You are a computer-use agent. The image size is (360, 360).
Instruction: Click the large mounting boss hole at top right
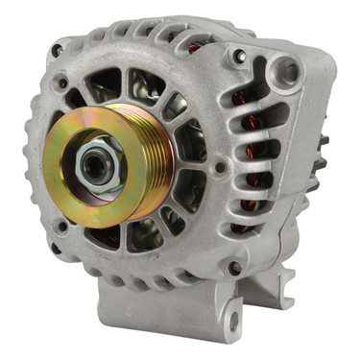(x=285, y=69)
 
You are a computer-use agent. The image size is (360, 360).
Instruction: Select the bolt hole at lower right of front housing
(x=234, y=268)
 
